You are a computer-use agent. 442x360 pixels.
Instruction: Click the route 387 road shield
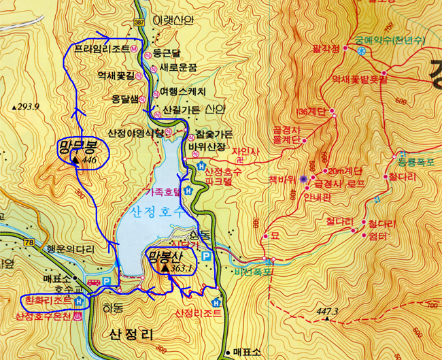pos(139,23)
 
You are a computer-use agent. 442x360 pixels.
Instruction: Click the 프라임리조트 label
pos(102,50)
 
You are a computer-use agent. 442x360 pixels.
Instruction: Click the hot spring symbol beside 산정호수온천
pos(80,316)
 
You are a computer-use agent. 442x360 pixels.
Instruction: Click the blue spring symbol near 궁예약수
pos(362,50)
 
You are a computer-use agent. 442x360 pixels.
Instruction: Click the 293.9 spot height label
pos(28,107)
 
